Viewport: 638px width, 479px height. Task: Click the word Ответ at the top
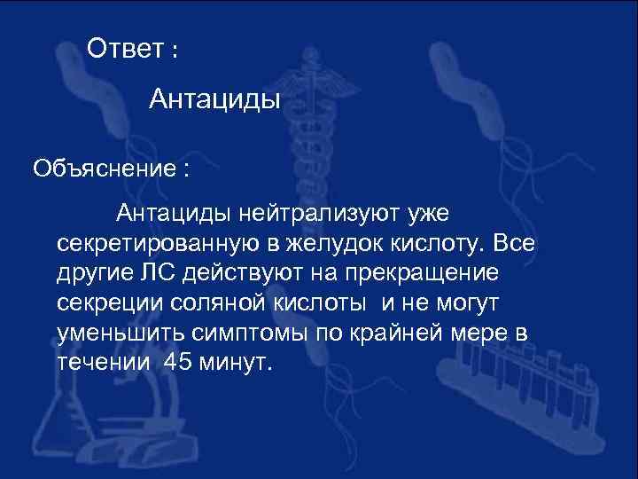pyautogui.click(x=125, y=50)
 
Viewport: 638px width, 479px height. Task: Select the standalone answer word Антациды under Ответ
pyautogui.click(x=214, y=98)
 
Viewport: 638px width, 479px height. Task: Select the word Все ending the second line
pyautogui.click(x=516, y=243)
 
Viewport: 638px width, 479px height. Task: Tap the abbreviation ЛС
pyautogui.click(x=160, y=273)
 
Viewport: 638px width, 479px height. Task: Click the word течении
pyautogui.click(x=98, y=364)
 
